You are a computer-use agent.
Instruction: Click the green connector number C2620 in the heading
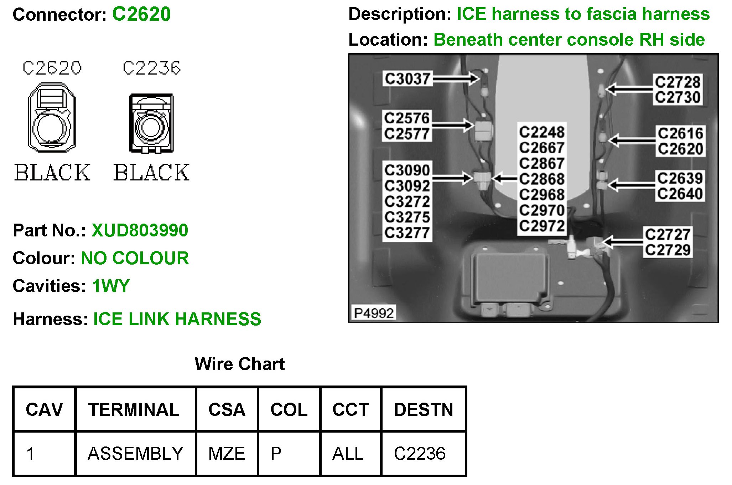(141, 14)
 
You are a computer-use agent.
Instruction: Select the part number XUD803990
(140, 230)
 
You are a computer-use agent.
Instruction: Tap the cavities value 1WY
(111, 286)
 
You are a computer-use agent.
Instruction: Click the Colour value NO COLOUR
(135, 258)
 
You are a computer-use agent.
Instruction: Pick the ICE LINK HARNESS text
(177, 319)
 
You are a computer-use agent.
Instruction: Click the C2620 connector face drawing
(52, 117)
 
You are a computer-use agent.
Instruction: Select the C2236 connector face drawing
(151, 123)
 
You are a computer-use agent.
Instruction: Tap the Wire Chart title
(239, 364)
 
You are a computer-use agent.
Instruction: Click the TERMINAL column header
(134, 409)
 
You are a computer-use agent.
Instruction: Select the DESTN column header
(424, 409)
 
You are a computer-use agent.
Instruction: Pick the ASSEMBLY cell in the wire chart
(135, 454)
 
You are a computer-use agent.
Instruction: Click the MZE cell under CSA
(227, 454)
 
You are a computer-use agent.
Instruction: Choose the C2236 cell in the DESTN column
(420, 454)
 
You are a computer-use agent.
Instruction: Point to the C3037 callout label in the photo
(407, 78)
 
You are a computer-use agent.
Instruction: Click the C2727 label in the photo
(668, 235)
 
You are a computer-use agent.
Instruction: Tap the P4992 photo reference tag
(374, 313)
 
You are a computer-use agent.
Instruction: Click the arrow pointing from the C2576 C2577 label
(453, 125)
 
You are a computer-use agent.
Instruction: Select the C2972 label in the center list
(541, 226)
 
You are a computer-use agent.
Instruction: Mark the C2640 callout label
(680, 194)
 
